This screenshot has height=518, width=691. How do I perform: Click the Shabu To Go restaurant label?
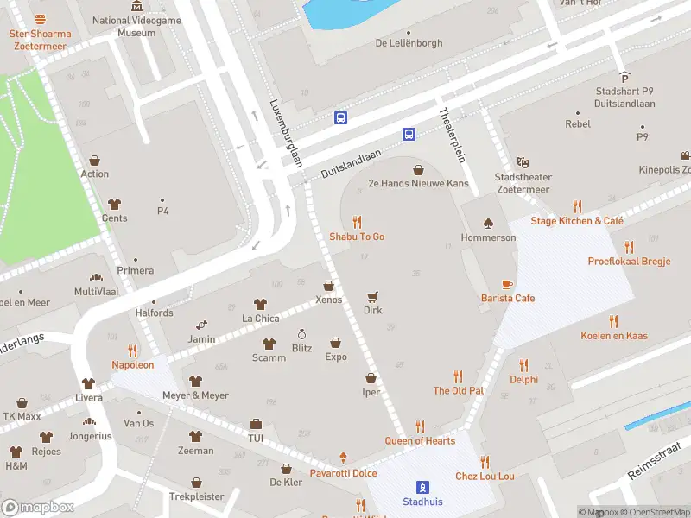tap(356, 237)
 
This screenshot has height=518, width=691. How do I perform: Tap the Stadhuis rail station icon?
tap(422, 486)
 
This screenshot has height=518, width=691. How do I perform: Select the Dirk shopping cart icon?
tap(372, 296)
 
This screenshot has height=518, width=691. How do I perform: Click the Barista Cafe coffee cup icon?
tap(507, 284)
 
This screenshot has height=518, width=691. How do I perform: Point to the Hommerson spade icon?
tap(488, 223)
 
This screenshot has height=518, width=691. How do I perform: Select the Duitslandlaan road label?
tap(351, 161)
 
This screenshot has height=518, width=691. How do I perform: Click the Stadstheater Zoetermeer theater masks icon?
tap(523, 162)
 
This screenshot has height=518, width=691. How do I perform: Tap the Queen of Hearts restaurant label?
tap(420, 441)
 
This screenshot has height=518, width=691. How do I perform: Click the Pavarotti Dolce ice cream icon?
tap(343, 458)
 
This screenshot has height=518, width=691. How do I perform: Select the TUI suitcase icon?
tap(256, 424)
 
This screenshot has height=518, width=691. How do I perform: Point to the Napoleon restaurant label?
tap(132, 364)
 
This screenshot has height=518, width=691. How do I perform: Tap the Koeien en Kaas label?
tap(614, 336)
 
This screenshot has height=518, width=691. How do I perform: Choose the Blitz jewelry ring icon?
tap(301, 334)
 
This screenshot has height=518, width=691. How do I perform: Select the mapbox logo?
tap(37, 507)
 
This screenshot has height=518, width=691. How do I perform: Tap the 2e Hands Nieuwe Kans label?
tap(418, 184)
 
